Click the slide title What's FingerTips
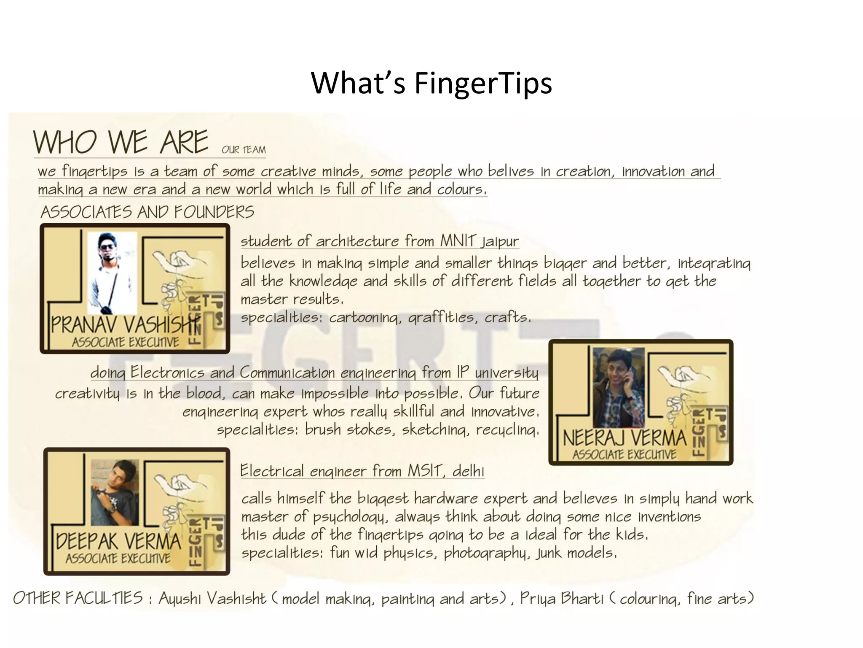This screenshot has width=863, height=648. (x=431, y=83)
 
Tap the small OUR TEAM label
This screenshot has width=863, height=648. (x=244, y=150)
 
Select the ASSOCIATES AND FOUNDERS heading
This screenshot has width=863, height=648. (x=147, y=212)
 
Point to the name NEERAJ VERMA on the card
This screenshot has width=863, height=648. (x=624, y=438)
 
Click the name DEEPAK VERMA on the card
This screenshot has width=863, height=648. (x=118, y=541)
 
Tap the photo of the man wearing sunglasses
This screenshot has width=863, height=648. (x=112, y=273)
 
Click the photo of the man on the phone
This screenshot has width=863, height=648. (x=618, y=387)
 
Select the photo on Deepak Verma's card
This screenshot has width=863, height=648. (x=115, y=492)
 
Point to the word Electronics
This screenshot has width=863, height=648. (x=167, y=373)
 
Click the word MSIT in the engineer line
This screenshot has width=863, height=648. (x=424, y=471)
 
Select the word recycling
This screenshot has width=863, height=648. (x=507, y=430)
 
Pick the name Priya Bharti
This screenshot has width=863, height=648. (x=562, y=599)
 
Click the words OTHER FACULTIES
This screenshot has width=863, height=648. (x=78, y=598)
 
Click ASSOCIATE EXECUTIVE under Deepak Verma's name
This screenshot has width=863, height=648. (x=118, y=559)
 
